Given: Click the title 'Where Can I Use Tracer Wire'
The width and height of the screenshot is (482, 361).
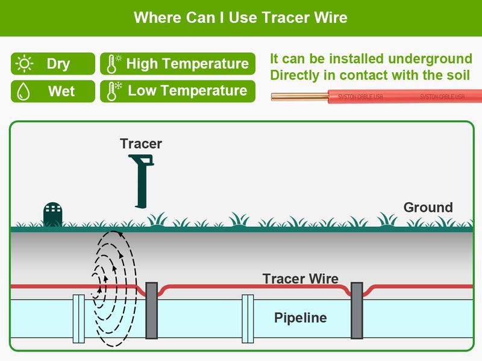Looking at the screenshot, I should coord(240,17).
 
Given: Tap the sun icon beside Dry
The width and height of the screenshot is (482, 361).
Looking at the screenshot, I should coord(25,63).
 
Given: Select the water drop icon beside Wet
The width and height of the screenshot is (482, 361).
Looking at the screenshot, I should coord(24,91).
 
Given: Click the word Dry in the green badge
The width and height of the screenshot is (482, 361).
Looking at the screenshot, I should coord(58,64).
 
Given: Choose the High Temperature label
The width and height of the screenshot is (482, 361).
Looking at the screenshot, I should coord(187,64).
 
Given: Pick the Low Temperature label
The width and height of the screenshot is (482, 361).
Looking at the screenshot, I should coord(187,91).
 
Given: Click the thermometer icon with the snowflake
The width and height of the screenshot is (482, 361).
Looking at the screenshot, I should coord(113,91).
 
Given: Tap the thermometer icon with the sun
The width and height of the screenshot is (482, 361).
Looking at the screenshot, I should coord(113,64).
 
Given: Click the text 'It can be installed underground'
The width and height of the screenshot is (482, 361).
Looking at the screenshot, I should coord(371,59).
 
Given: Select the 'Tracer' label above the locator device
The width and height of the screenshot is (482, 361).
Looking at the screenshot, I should coord(140,143).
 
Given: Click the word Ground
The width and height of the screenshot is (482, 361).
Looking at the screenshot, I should coord(428,208).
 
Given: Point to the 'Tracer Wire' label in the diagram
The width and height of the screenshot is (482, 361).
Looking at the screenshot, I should coord(300,279).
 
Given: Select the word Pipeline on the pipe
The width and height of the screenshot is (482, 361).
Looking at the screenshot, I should coord(300,318).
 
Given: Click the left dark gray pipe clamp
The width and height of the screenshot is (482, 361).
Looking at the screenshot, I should coord(152,310).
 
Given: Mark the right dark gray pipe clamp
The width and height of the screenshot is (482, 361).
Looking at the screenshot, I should coord(357,310).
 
